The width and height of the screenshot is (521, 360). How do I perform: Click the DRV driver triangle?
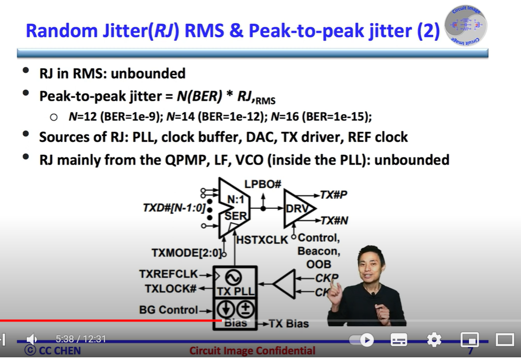pos(296,208)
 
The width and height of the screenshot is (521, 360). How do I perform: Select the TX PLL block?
pos(235,282)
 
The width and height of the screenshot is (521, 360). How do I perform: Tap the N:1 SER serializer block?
pos(234,208)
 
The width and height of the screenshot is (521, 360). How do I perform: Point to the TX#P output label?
pos(333,194)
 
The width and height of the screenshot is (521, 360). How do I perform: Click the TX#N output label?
pos(334,221)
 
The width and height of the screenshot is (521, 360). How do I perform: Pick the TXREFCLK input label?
pos(168,274)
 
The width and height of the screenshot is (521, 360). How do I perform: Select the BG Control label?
pos(168,310)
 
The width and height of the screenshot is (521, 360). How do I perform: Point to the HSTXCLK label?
pos(262,239)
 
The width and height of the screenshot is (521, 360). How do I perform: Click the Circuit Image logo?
pos(465,25)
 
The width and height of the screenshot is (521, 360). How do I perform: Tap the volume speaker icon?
pos(32,339)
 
